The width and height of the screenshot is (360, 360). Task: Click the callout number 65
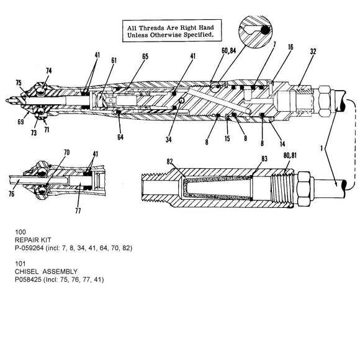[145, 56]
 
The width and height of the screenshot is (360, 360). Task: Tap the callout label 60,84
[228, 51]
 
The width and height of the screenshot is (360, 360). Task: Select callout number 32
[313, 52]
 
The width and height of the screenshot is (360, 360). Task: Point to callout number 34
[169, 140]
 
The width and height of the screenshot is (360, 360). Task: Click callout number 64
[120, 137]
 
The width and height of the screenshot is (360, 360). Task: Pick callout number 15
[227, 138]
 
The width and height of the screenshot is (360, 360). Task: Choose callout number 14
[282, 144]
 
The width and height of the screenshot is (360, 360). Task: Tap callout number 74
[48, 71]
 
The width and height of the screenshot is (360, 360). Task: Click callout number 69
[20, 122]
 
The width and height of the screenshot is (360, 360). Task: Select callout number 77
[78, 210]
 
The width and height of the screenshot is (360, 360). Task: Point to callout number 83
[264, 159]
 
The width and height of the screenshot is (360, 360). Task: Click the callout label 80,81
[290, 155]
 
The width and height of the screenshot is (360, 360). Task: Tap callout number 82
[169, 161]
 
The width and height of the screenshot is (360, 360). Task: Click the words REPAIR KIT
[33, 240]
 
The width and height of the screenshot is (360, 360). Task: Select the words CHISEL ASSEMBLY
[46, 272]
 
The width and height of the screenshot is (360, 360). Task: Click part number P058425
[28, 280]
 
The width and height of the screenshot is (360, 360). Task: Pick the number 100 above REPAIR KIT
[20, 232]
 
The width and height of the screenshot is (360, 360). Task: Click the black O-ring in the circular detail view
[265, 30]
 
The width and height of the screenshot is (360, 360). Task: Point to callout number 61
[114, 60]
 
